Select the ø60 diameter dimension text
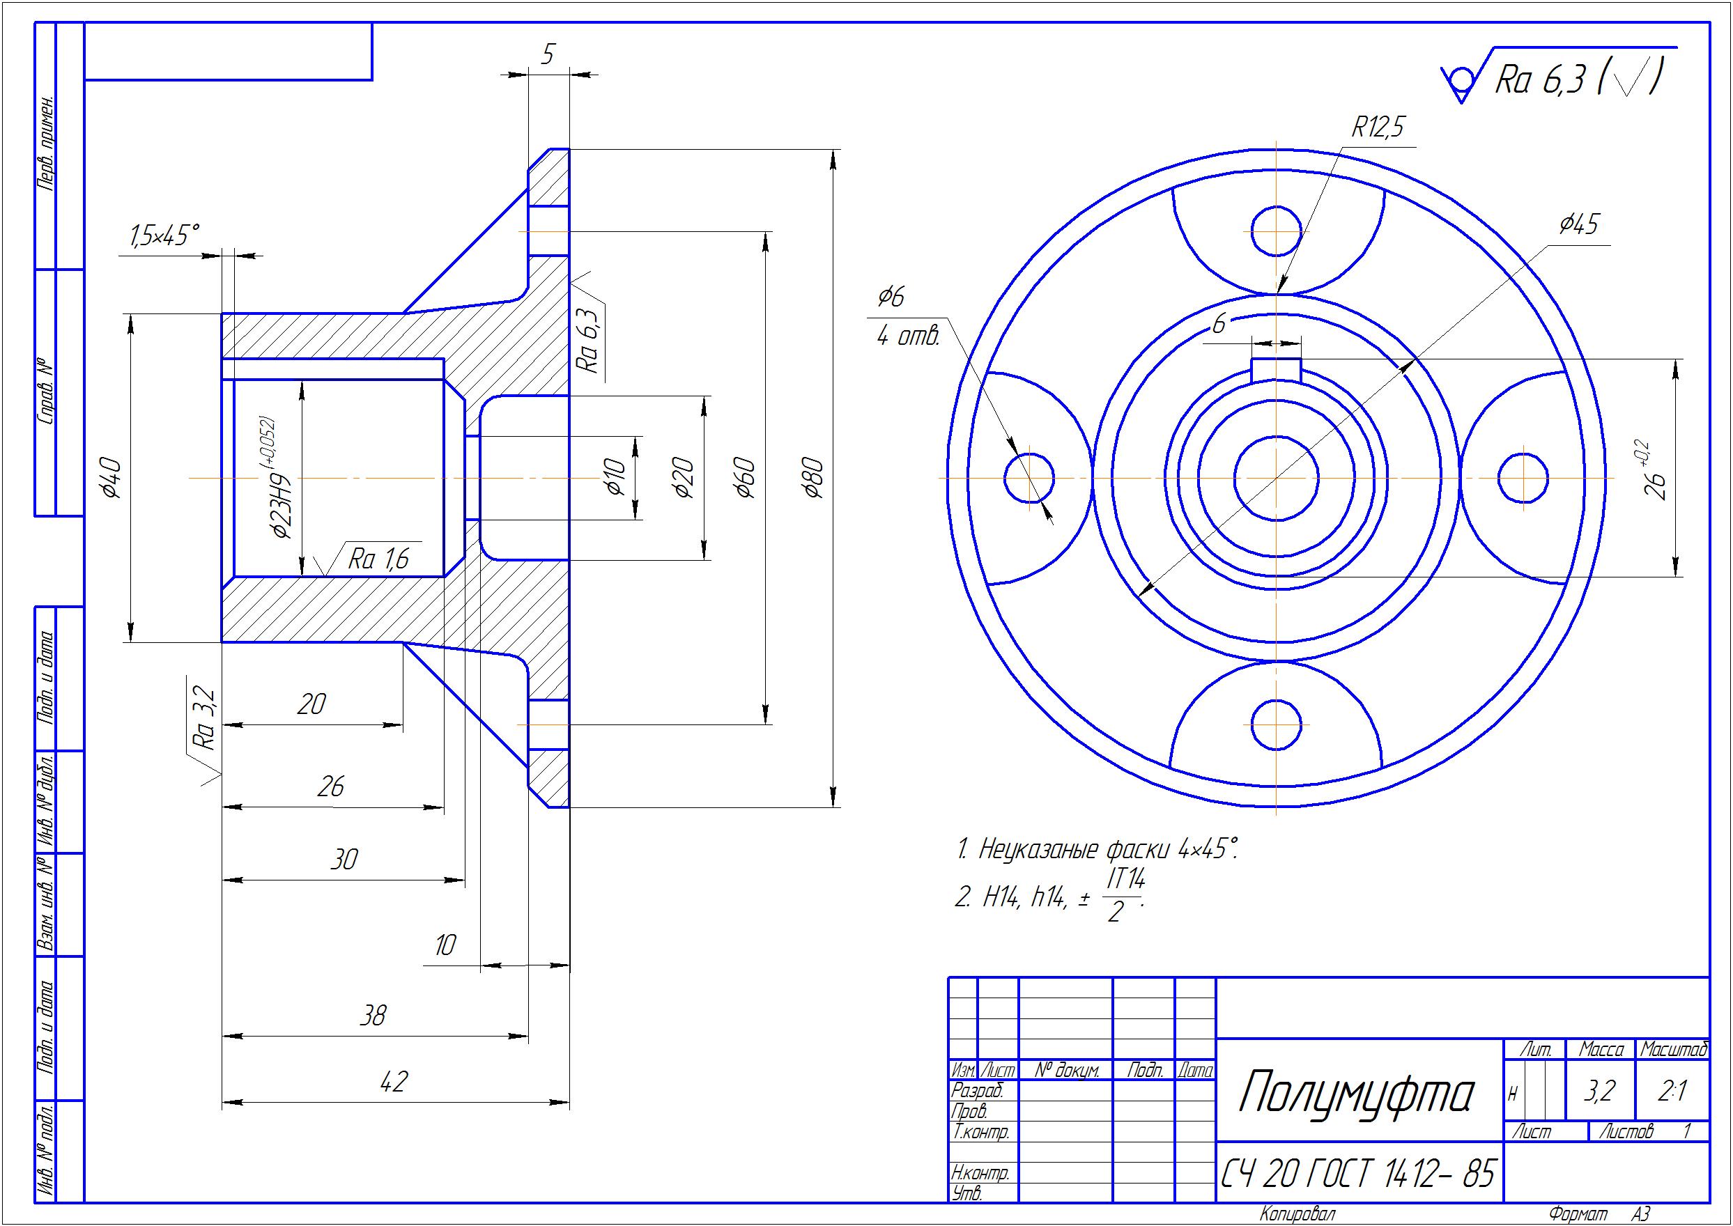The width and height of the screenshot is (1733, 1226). tap(746, 477)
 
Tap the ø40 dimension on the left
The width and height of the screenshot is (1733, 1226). tap(111, 477)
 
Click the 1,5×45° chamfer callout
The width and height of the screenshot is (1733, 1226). tap(164, 235)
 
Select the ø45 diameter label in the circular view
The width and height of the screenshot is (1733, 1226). tap(1578, 224)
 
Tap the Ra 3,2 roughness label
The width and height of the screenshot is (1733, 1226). tap(206, 718)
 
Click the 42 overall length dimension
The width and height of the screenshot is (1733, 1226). tap(394, 1082)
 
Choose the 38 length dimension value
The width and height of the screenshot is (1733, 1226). tap(373, 1016)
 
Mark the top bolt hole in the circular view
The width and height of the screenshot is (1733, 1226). tap(1276, 231)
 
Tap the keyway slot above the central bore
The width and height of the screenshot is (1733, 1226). tap(1276, 370)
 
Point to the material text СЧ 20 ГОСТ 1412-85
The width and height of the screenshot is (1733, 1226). tap(1357, 1173)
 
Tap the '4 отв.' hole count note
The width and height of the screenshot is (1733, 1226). tap(909, 336)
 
